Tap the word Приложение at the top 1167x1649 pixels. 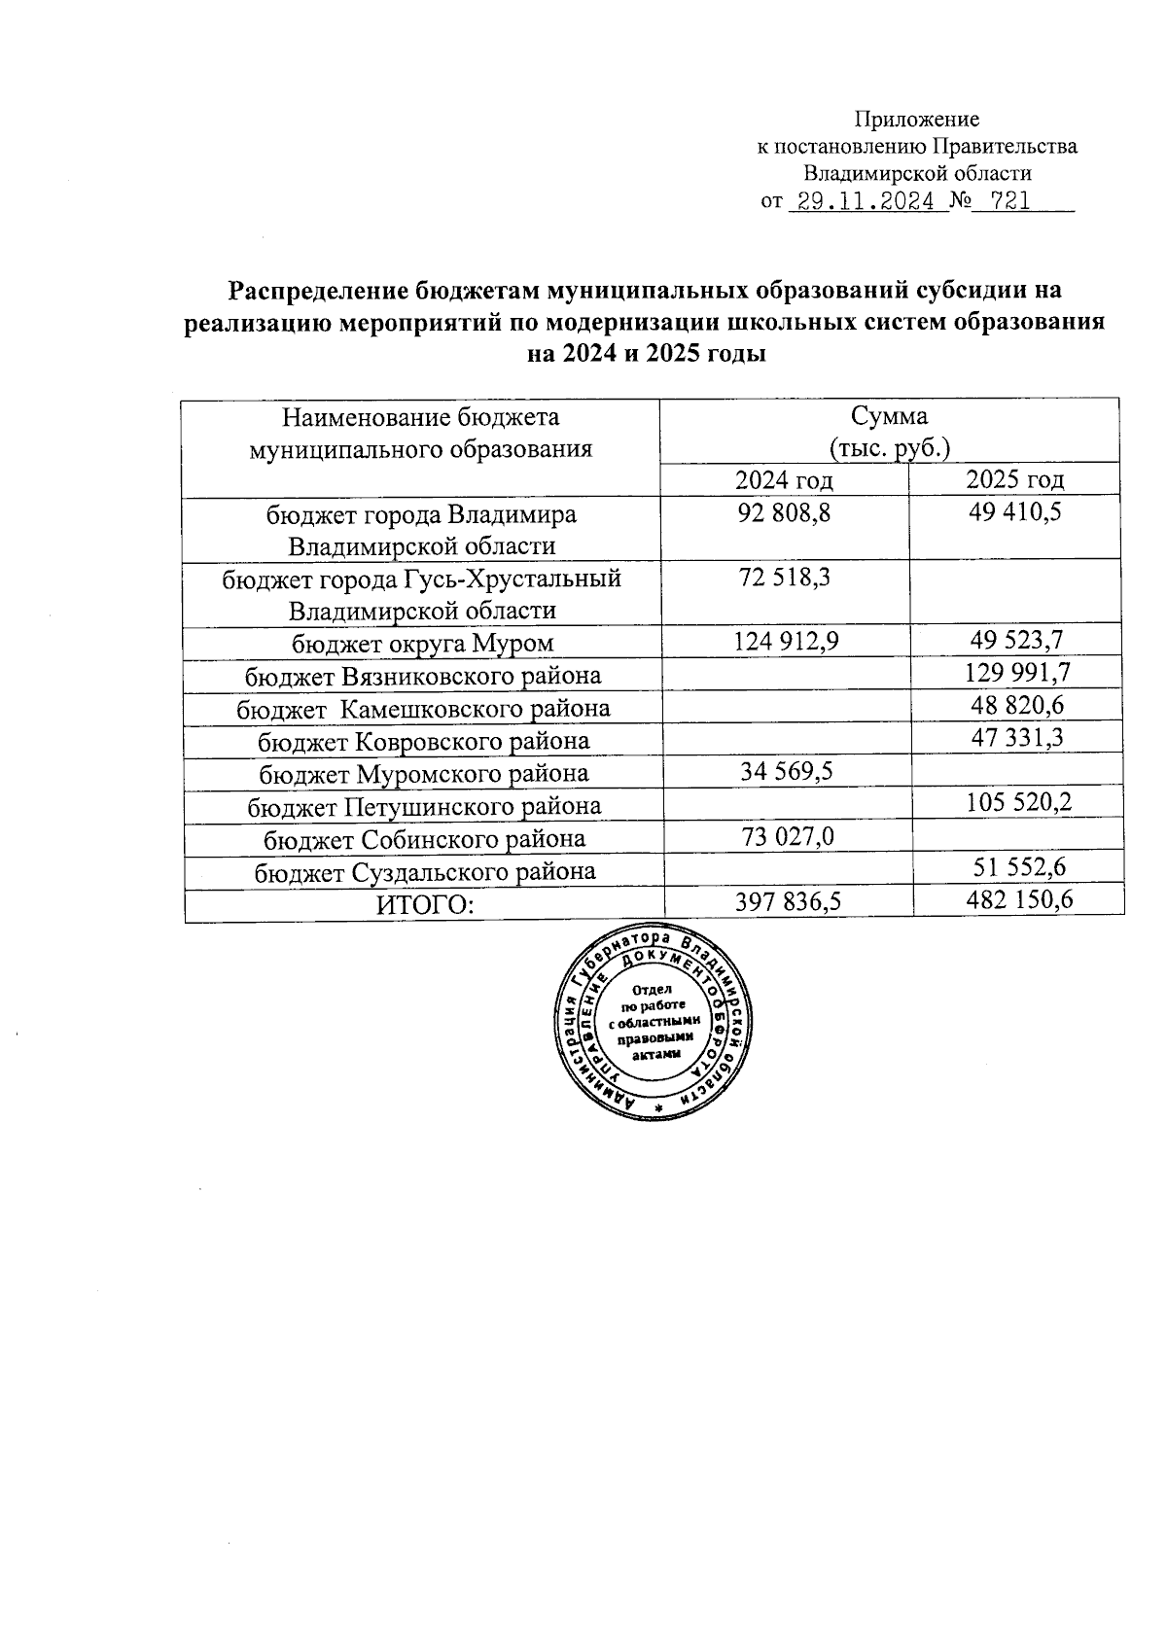tap(916, 120)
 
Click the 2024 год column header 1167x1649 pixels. tap(784, 480)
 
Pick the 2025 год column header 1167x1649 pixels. tap(1015, 479)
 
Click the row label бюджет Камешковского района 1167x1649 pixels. tap(424, 709)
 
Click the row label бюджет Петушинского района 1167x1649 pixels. tap(424, 806)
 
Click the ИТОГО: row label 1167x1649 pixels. tap(425, 905)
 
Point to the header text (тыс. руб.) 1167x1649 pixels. tap(889, 447)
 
